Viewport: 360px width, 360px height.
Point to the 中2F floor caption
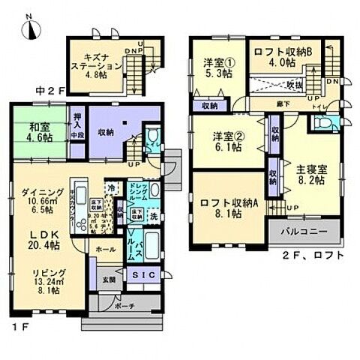[46, 91]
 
